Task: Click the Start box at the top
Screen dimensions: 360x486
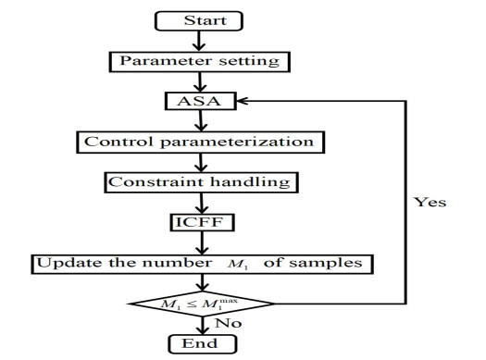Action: [x=197, y=19]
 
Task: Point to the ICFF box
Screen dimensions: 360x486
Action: [x=198, y=223]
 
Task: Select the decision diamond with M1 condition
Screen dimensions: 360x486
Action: [x=199, y=304]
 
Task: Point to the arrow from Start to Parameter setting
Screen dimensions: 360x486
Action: [x=197, y=40]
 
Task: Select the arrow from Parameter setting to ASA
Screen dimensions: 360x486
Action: [x=197, y=81]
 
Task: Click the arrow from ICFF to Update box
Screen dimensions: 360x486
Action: [x=197, y=243]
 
